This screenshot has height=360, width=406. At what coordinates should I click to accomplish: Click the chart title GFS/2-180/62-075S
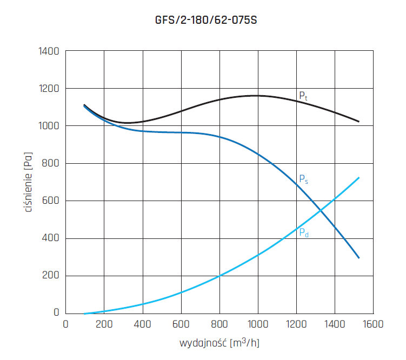click(x=203, y=21)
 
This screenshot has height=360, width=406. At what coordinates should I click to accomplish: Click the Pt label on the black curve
click(x=303, y=96)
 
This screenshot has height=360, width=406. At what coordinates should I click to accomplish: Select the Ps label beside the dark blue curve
click(x=303, y=179)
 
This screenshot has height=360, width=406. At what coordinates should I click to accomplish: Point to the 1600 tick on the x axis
click(x=373, y=324)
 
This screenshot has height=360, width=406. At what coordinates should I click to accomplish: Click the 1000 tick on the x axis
click(x=258, y=324)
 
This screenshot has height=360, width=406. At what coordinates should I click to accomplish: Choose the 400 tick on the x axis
click(x=143, y=324)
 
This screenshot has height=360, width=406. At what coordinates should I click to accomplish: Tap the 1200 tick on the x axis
click(x=296, y=324)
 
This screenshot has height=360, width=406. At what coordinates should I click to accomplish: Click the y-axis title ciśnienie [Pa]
click(x=29, y=182)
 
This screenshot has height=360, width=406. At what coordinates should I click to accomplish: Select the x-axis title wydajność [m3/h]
click(x=219, y=343)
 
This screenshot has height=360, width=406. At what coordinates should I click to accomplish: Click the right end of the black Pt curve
click(x=359, y=122)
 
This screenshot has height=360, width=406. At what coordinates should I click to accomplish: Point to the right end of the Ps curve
click(x=359, y=258)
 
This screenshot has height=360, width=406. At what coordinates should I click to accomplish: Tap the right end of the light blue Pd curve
click(x=359, y=177)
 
